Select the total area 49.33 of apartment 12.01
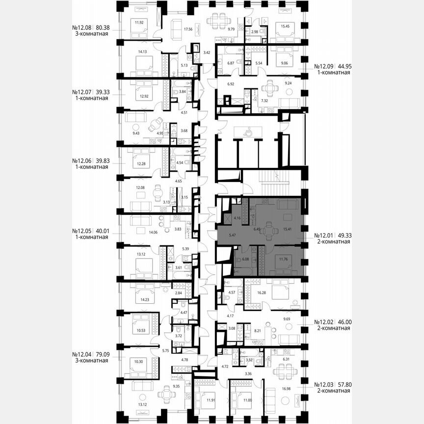click(x=344, y=236)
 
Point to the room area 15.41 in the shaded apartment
click(x=288, y=229)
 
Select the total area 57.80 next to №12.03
click(x=343, y=384)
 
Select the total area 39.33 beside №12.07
click(x=103, y=92)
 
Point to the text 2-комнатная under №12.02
click(x=333, y=328)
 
